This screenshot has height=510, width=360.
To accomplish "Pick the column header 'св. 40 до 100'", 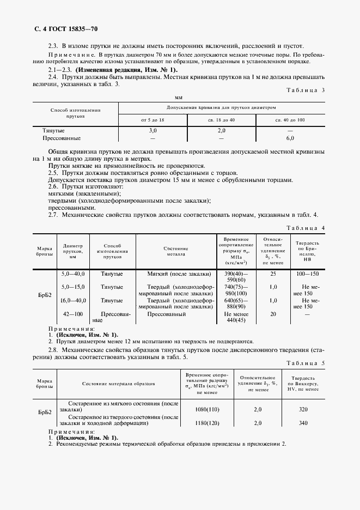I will pos(290,119).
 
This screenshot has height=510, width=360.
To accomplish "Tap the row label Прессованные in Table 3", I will pos(62,138).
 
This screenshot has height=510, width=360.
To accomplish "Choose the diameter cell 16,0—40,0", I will pos(74,300).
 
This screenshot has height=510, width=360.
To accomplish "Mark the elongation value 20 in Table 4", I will pos(273,314).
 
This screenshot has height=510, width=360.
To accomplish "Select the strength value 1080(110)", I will pos(206,409).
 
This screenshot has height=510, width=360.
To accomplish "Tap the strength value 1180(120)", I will pos(206,423).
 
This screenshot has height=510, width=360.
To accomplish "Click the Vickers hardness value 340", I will pos(303,423).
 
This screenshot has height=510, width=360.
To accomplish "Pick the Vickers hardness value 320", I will pos(303,409).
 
